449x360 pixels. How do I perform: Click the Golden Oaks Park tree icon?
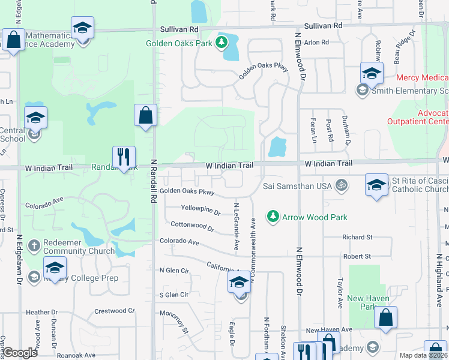click(x=223, y=43)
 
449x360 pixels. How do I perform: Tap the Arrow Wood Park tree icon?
click(x=273, y=216)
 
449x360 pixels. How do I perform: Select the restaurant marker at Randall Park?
click(x=124, y=157)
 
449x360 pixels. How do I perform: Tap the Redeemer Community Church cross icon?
click(x=35, y=246)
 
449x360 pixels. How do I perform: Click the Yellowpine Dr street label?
click(x=201, y=210)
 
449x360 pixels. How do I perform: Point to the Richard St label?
click(x=357, y=238)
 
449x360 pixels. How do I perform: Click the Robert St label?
click(x=357, y=256)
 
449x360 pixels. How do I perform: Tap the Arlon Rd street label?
click(x=316, y=43)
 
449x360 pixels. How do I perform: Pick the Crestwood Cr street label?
click(x=115, y=311)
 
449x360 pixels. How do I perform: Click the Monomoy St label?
click(x=173, y=322)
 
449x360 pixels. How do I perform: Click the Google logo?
click(x=20, y=352)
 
